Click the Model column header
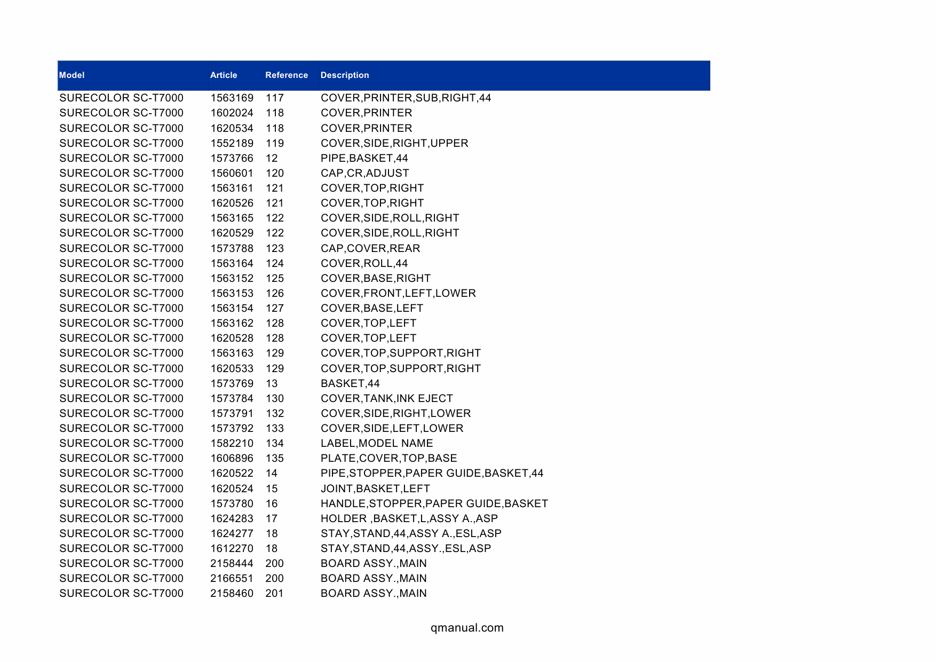tap(72, 75)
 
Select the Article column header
tap(224, 75)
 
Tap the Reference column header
tap(287, 75)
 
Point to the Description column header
tap(345, 75)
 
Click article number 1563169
tap(232, 98)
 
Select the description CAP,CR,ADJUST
tap(364, 173)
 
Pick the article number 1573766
tap(232, 158)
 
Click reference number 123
tap(275, 248)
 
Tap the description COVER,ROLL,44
tap(364, 263)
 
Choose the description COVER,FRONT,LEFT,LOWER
tap(398, 293)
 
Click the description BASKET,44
tap(350, 383)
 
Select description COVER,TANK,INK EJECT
tap(386, 398)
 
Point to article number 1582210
tap(232, 443)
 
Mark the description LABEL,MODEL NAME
tap(377, 443)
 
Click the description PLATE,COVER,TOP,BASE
tap(388, 458)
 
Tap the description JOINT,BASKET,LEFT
tap(375, 488)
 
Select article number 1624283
tap(232, 518)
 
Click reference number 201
tap(274, 593)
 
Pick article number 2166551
tap(232, 578)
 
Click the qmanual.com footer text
tap(467, 628)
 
